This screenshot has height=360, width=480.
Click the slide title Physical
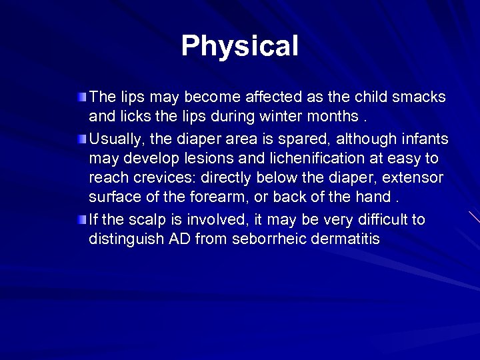239,46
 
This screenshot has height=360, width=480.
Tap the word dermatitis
347,239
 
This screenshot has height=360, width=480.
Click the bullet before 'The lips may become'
81,98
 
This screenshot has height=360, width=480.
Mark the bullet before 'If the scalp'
81,219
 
